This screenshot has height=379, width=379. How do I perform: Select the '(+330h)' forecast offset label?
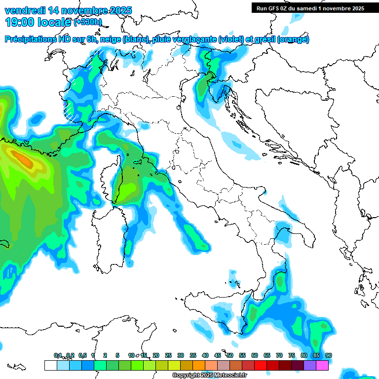coord(87,22)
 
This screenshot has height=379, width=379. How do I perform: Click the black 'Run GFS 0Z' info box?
coord(310,8)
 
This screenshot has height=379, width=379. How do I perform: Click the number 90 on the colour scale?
coord(329,356)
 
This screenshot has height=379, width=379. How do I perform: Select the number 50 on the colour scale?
coord(230,356)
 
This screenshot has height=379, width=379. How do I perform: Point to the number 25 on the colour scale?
coord(168,356)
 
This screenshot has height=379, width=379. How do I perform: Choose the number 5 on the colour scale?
coord(117,356)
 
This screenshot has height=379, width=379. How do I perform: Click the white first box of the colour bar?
coord(50,365)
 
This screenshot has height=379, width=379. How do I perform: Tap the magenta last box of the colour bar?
coord(322,365)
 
